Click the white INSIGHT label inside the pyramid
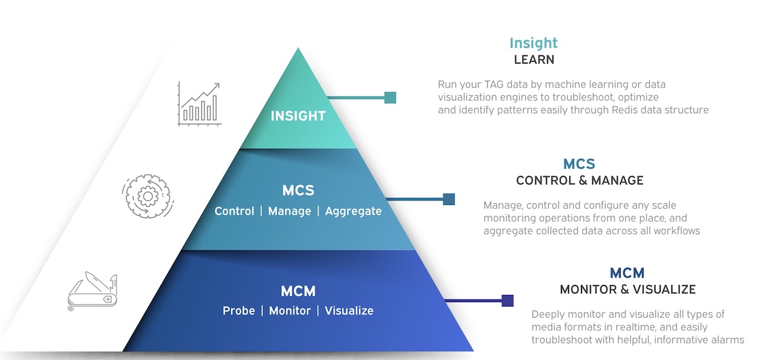tap(298, 116)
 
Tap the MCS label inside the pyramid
tap(298, 190)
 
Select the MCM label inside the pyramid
tap(298, 291)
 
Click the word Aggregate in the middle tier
tap(353, 211)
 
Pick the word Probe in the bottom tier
tap(239, 311)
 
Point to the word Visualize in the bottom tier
tap(349, 311)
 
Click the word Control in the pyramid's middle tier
tap(235, 211)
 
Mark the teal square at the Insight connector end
tap(390, 98)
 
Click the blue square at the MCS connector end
tap(449, 199)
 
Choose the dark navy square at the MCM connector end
tap(507, 301)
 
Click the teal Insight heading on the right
tap(534, 43)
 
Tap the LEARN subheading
tap(534, 60)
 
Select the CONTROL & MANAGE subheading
tap(580, 180)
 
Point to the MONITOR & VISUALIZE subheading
tap(628, 289)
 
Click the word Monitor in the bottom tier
tap(290, 311)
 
